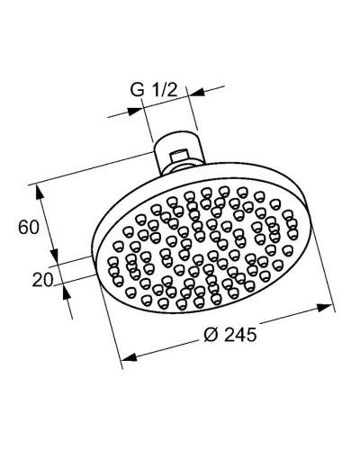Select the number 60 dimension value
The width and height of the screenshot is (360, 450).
click(x=28, y=227)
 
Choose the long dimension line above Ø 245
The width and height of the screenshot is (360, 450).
click(x=225, y=333)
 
